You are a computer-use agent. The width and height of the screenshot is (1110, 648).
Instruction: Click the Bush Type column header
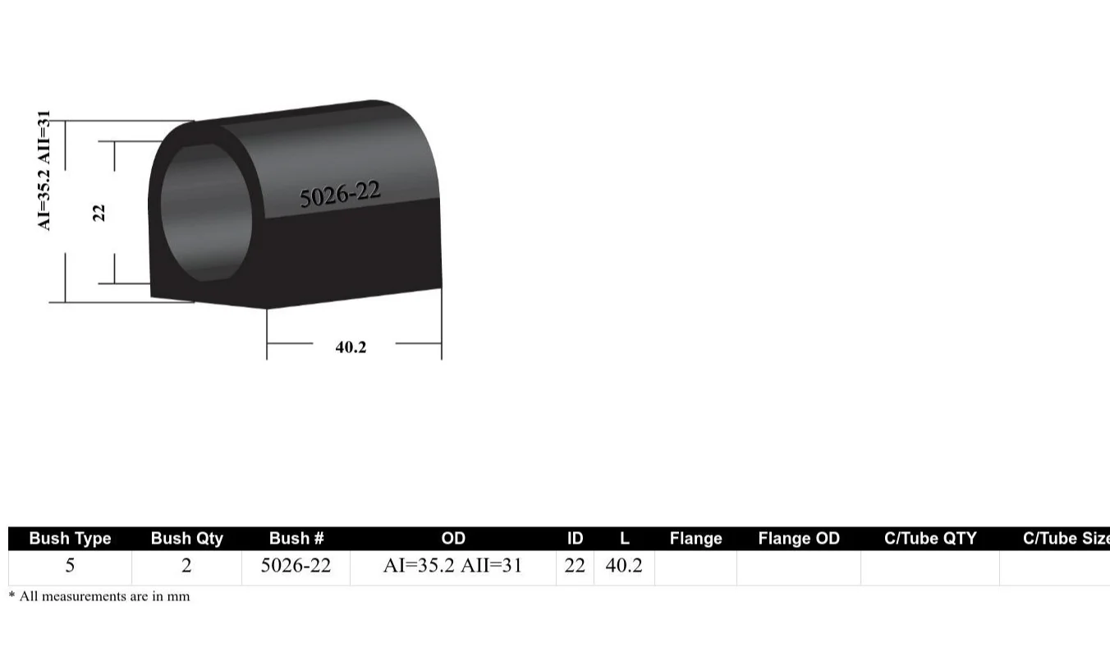click(70, 539)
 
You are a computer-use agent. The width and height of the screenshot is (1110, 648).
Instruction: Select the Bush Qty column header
click(186, 539)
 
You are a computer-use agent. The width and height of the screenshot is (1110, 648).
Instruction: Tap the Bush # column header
click(296, 539)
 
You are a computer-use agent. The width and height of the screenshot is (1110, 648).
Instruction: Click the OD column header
click(453, 539)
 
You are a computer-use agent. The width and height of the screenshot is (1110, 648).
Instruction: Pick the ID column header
click(575, 539)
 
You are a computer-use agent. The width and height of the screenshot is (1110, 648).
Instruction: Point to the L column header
click(624, 539)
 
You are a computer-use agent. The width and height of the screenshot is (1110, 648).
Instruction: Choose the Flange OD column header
click(798, 539)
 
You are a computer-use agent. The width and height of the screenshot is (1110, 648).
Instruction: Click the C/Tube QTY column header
click(930, 539)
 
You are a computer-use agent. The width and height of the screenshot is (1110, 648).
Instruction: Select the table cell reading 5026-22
click(296, 566)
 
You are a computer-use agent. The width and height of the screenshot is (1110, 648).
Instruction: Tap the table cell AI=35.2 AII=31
click(452, 566)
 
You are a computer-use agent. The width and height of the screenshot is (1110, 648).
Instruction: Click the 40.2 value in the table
click(624, 566)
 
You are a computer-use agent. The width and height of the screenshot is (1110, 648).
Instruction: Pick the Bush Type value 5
click(70, 566)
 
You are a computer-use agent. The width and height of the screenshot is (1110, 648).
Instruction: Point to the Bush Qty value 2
click(186, 566)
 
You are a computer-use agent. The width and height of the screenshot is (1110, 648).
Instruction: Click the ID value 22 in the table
click(575, 566)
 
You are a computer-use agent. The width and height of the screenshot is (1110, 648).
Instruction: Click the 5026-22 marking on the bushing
click(339, 194)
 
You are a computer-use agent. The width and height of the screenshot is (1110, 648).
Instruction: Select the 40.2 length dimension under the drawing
click(351, 347)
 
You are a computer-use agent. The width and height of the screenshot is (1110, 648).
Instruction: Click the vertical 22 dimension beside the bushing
click(99, 212)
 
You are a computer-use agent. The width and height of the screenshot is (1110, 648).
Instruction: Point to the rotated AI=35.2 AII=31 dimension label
click(45, 170)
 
